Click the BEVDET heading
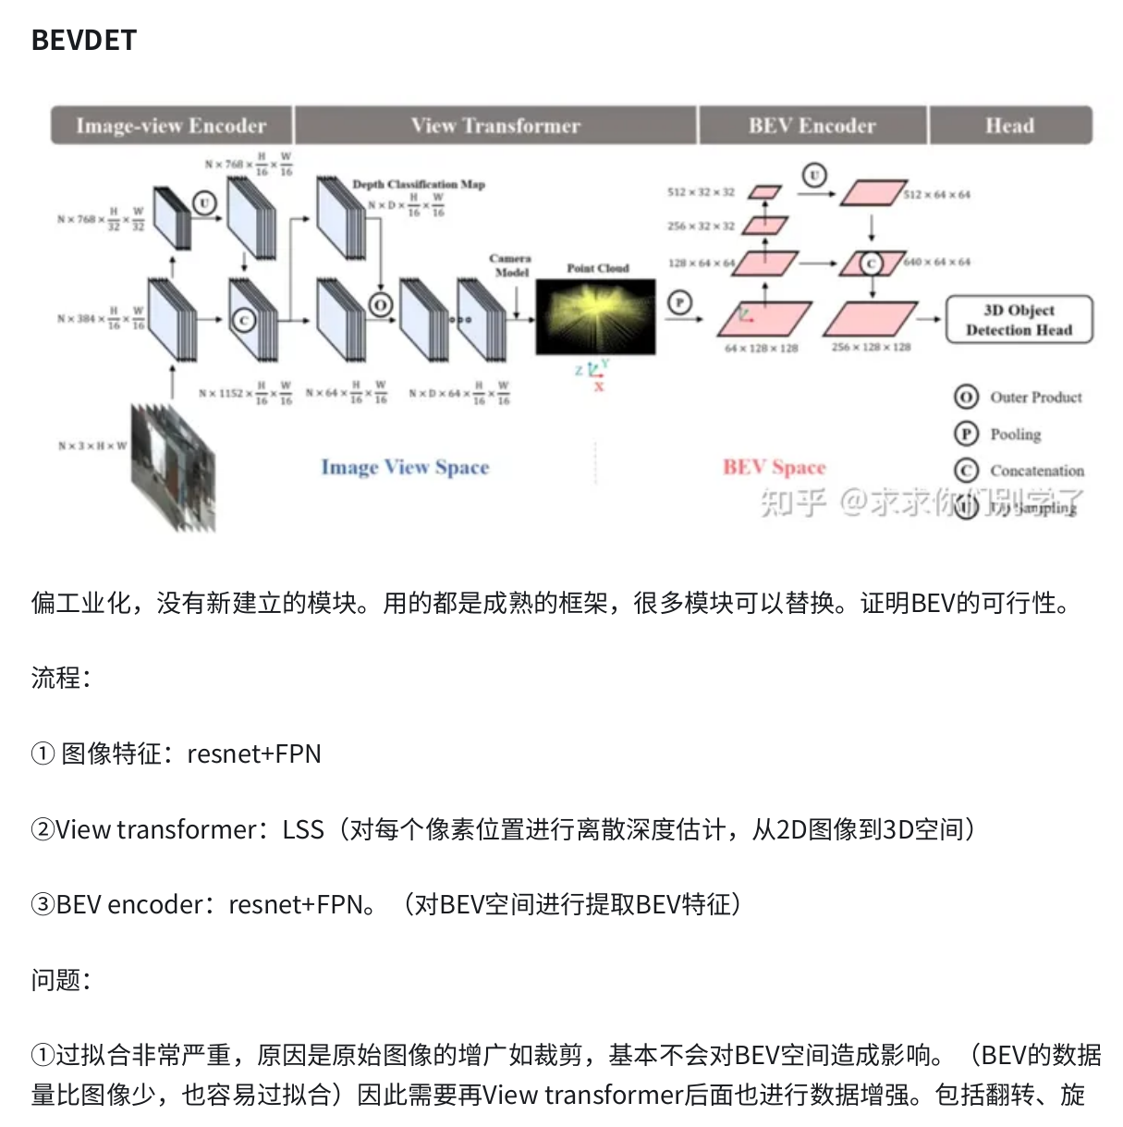click(x=84, y=41)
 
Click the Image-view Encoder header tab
click(x=171, y=126)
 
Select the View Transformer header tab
click(x=495, y=126)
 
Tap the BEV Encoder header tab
click(x=812, y=126)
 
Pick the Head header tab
click(x=1009, y=126)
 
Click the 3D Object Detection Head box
click(x=1019, y=320)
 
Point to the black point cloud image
click(x=596, y=317)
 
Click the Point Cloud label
click(x=597, y=268)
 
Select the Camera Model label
click(x=510, y=265)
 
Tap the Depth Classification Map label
click(x=418, y=184)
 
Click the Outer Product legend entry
click(x=1035, y=398)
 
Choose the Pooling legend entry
click(x=1015, y=435)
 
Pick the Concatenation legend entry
click(x=1036, y=471)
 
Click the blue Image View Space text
click(x=405, y=468)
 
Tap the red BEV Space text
click(x=774, y=468)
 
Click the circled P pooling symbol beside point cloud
click(x=679, y=302)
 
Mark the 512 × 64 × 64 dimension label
click(x=938, y=195)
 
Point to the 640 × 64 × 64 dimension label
click(x=938, y=263)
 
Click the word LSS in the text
click(x=303, y=829)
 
